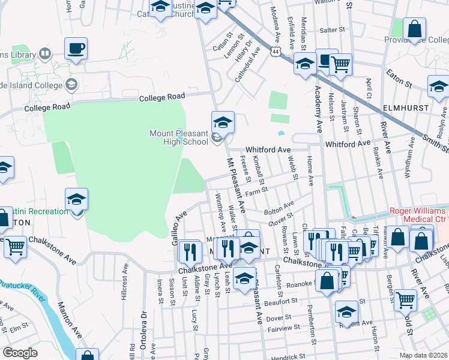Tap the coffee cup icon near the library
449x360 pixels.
tap(76, 48)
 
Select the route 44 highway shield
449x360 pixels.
tap(274, 52)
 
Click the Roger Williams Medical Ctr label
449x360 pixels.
tap(418, 215)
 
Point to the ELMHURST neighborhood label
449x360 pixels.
tap(407, 108)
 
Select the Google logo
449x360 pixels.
tap(20, 353)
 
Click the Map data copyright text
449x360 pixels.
tap(424, 355)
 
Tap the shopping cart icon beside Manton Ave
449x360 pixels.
tap(15, 246)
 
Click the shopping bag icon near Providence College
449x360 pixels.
tap(414, 28)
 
